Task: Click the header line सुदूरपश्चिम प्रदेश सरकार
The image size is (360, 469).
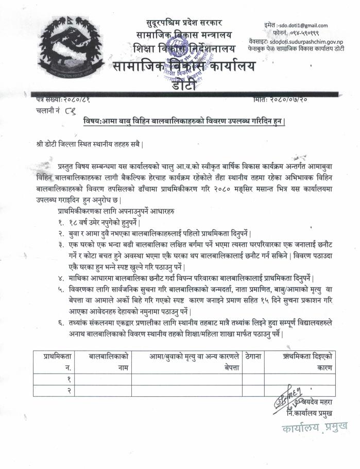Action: tap(185, 23)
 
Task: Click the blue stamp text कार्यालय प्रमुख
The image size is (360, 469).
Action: tap(314, 427)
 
